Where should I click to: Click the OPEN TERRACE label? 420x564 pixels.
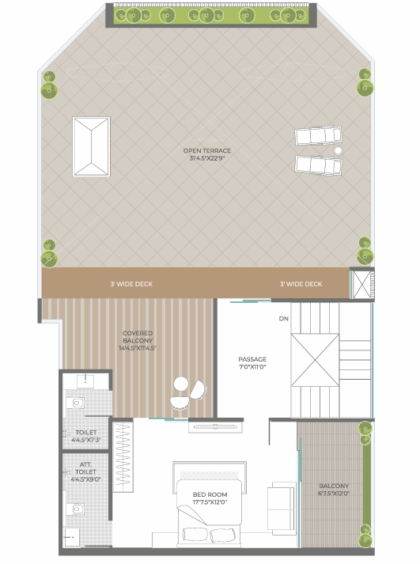click(x=207, y=150)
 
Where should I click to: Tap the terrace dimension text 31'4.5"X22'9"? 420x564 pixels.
click(x=207, y=158)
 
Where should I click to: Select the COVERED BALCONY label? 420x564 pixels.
click(x=138, y=337)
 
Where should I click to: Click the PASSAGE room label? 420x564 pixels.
click(x=252, y=359)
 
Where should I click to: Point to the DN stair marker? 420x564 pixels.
click(x=284, y=318)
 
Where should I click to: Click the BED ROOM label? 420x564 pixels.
click(x=210, y=494)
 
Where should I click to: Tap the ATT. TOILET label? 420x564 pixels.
click(x=85, y=468)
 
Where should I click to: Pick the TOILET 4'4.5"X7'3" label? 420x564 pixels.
click(x=86, y=436)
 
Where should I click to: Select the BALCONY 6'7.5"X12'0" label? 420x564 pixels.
click(x=334, y=490)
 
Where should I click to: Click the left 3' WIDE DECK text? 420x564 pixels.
click(x=131, y=284)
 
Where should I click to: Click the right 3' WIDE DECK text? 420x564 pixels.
click(x=301, y=284)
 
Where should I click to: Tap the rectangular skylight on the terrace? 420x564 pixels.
click(x=91, y=146)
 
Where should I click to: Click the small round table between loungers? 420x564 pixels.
click(x=338, y=150)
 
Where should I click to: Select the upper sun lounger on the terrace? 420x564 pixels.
click(x=318, y=135)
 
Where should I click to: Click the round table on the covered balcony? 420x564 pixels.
click(x=181, y=384)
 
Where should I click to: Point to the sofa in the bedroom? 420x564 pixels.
click(x=282, y=509)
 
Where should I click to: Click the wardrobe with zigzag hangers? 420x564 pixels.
click(x=123, y=456)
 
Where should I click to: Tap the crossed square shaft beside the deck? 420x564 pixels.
click(x=362, y=285)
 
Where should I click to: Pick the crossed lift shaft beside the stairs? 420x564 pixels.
click(x=315, y=360)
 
